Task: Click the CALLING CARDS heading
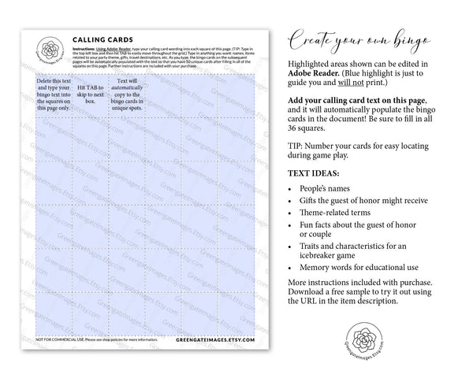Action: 102,39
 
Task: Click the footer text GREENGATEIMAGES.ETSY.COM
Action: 216,340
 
